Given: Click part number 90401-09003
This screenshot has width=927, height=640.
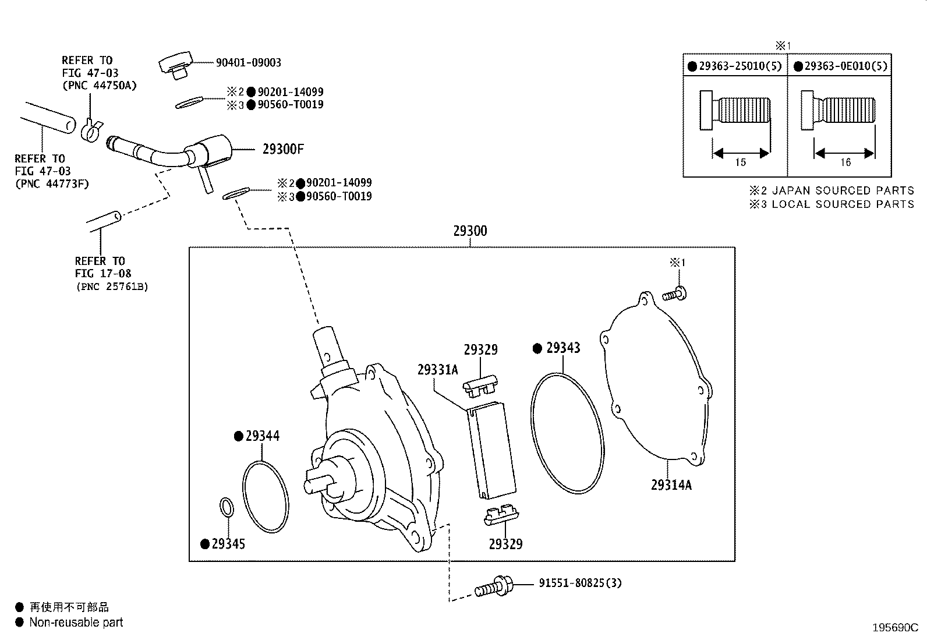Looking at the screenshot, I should [x=248, y=63].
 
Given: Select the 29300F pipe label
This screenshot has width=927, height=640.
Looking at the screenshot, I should [x=283, y=149].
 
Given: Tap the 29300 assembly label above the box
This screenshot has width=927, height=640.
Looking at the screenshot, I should [x=470, y=231].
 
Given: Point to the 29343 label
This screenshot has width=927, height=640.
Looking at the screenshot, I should [x=562, y=348].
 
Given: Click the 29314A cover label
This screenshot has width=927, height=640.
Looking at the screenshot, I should [x=671, y=485].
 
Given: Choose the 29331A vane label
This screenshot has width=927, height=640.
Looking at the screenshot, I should [x=437, y=370].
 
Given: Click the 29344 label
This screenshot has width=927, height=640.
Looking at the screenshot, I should [x=262, y=436].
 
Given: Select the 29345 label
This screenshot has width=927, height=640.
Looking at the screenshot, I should [x=228, y=544].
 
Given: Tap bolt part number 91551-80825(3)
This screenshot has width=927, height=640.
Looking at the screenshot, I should [x=580, y=583].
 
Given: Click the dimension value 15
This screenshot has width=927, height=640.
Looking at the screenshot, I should [x=740, y=162].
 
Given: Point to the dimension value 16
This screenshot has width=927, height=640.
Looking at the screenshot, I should [x=845, y=162].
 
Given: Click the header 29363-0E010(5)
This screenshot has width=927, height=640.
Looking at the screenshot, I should [x=845, y=66].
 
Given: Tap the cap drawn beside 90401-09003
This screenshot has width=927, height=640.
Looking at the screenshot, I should [x=176, y=65].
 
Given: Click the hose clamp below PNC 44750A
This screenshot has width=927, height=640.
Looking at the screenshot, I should [x=91, y=131].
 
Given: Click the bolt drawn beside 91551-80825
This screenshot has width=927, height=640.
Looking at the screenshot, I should [x=494, y=586].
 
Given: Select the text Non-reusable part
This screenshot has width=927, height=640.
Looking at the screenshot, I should [x=76, y=623].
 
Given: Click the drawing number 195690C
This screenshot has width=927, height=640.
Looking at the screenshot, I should [x=894, y=628].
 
